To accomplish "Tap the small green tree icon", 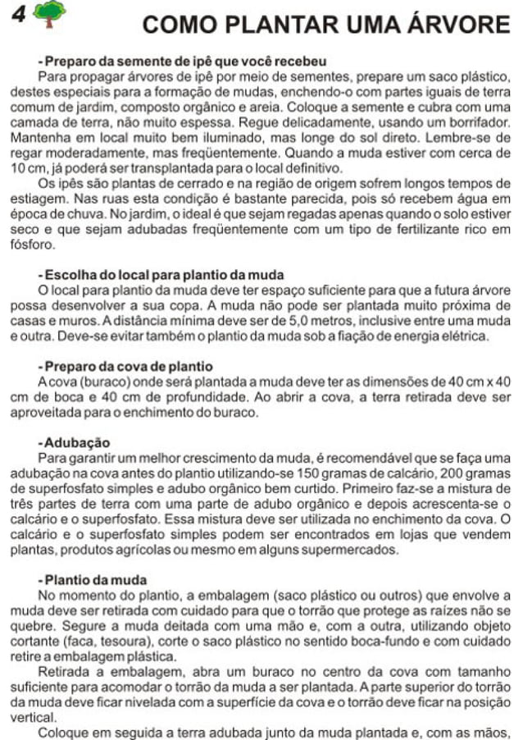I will coord(51,14).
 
